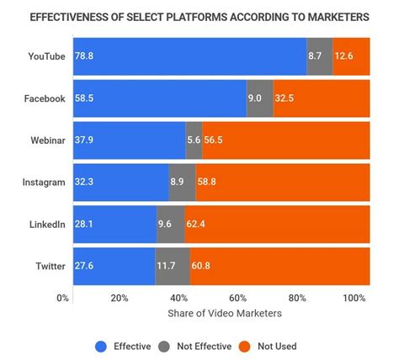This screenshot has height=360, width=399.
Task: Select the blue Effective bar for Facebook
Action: [160, 98]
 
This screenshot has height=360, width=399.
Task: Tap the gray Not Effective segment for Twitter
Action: [172, 266]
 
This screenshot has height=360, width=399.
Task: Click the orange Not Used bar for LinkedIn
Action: [278, 224]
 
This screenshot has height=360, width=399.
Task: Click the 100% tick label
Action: [354, 299]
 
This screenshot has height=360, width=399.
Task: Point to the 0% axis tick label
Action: [62, 299]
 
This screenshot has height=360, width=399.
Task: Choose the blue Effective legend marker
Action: [102, 346]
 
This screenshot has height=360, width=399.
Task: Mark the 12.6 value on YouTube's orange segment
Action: [345, 56]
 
